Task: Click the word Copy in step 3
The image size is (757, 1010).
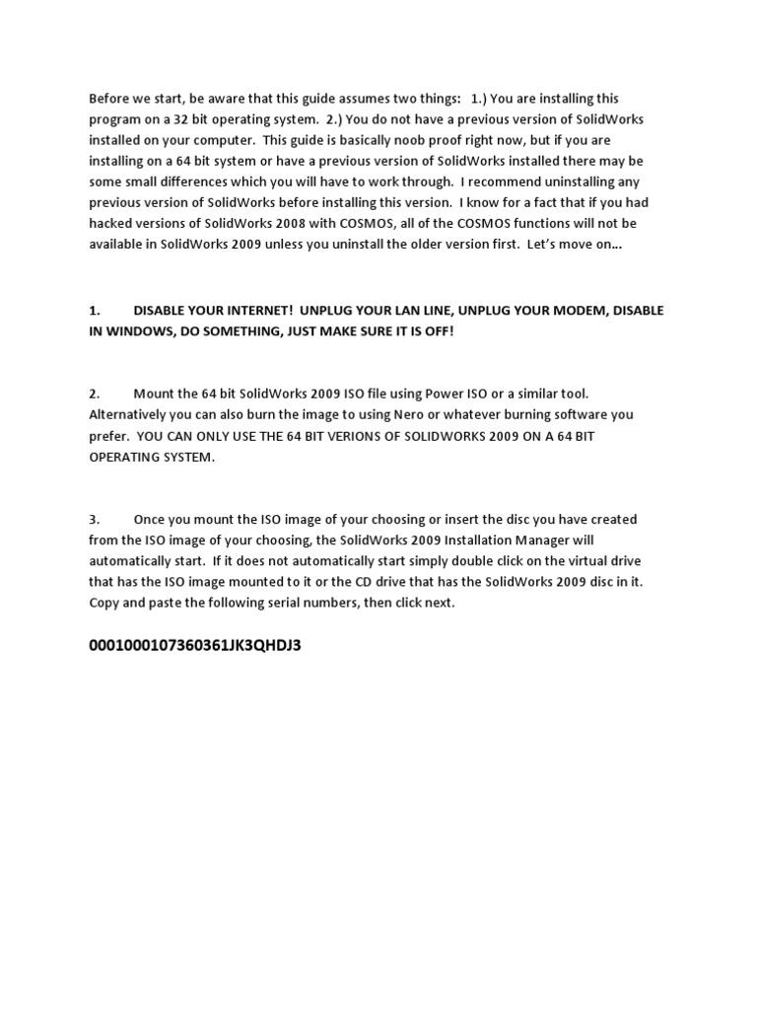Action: pos(105,603)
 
